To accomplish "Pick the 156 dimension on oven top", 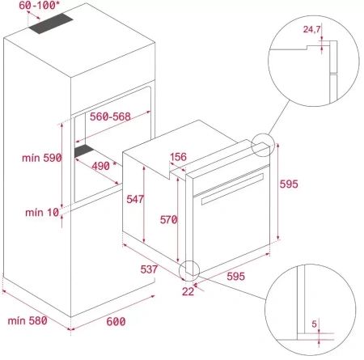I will pos(180,158).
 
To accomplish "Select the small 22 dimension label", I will pos(188,290).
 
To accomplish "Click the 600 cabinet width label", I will pos(116,322).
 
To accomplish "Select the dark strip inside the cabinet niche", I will pos(85,151).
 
